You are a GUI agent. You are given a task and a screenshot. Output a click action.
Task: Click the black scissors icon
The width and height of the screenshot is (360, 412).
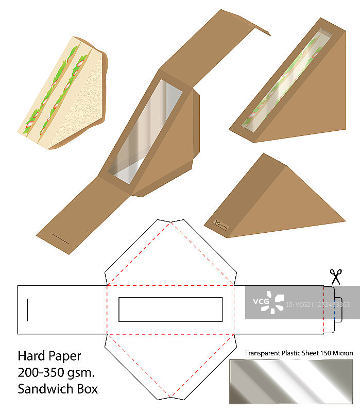pyautogui.click(x=336, y=277)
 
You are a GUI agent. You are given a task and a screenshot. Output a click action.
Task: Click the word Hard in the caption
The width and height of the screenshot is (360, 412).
pyautogui.click(x=29, y=356)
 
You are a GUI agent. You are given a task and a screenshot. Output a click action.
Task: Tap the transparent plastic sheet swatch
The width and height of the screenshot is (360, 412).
pyautogui.click(x=291, y=381)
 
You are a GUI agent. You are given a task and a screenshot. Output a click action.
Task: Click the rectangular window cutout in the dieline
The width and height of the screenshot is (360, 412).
pyautogui.click(x=170, y=309)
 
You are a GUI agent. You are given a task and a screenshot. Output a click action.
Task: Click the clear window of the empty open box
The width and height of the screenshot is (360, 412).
pyautogui.click(x=147, y=132)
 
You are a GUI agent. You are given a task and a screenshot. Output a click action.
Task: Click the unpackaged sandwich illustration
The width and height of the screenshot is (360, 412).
pyautogui.click(x=62, y=93)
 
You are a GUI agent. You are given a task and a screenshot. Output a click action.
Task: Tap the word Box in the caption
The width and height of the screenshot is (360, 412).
pyautogui.click(x=87, y=388)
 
